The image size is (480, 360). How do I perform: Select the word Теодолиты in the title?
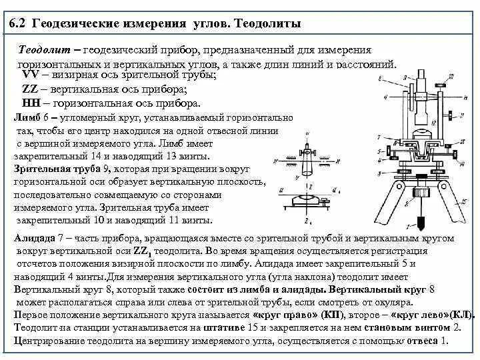(266, 24)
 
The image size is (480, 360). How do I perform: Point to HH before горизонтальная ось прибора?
(30, 103)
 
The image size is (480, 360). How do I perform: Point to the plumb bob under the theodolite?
(421, 219)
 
